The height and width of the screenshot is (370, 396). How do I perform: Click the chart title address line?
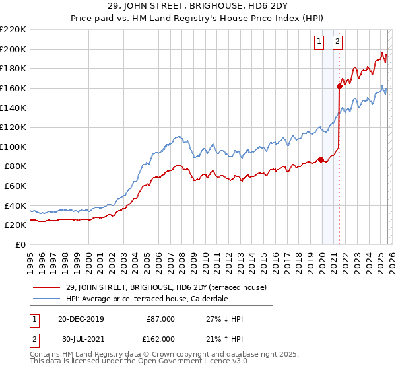[198, 7]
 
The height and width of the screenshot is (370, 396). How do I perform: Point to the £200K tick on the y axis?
[13, 49]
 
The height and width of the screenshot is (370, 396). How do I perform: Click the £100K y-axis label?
[13, 147]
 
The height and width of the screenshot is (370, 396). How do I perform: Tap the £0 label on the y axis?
[20, 245]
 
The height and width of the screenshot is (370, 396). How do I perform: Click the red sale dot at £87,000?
[321, 159]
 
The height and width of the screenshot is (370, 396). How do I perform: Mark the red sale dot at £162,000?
[339, 86]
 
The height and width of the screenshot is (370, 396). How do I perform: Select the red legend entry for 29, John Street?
[166, 287]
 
